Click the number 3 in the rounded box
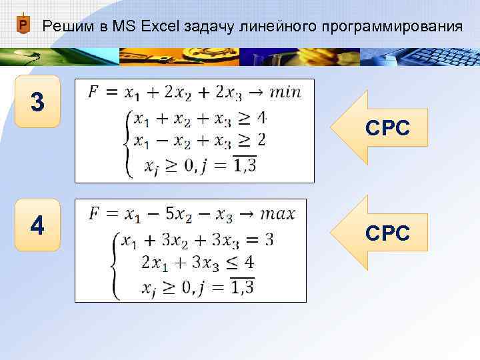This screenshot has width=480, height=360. point(38,102)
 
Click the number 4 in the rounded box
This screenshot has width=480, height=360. point(38,226)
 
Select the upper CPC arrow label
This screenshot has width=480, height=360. point(387,129)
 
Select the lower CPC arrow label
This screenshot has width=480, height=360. point(387,233)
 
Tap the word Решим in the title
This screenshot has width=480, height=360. point(66,27)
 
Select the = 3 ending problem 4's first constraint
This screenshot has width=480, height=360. point(259,239)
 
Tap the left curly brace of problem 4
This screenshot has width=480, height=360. point(115,263)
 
